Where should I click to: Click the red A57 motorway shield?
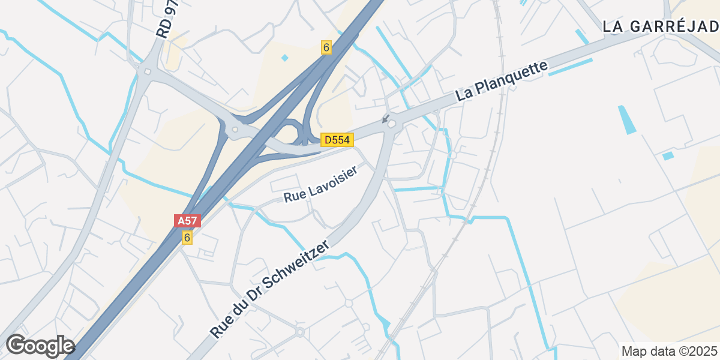tap(187, 221)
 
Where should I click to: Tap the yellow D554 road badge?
tap(337, 140)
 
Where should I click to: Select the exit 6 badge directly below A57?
tap(187, 238)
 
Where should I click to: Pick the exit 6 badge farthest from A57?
tap(326, 47)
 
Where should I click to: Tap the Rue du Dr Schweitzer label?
tap(270, 289)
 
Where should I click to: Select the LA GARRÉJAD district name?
tap(660, 26)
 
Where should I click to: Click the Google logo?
tap(40, 346)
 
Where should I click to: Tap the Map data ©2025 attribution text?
tap(669, 350)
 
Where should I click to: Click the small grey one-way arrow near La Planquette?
tap(385, 118)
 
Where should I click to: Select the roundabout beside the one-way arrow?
tap(392, 124)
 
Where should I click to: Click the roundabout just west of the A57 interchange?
tap(235, 130)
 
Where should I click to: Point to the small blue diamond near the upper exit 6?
tap(284, 58)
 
